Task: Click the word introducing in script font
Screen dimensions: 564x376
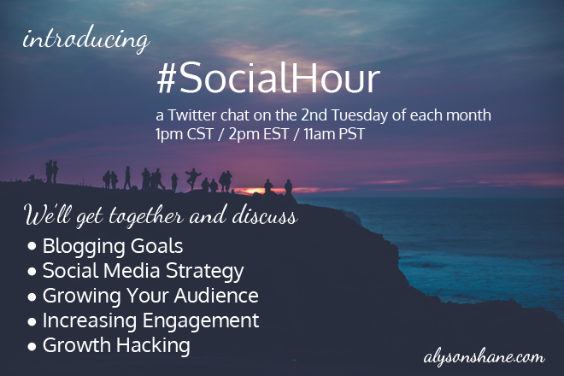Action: (x=86, y=38)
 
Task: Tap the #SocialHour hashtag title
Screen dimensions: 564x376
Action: (x=268, y=78)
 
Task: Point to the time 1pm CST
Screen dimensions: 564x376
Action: (x=185, y=134)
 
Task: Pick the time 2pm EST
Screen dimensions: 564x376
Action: (x=259, y=134)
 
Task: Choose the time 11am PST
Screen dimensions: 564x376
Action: (x=334, y=134)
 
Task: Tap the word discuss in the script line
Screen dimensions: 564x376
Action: (x=265, y=216)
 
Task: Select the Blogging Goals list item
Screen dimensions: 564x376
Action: (x=113, y=246)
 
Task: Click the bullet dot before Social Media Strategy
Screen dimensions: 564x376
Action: (x=32, y=271)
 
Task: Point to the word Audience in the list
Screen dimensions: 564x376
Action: (x=216, y=296)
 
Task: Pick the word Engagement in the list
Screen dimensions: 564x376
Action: (x=201, y=321)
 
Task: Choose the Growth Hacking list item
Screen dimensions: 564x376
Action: (x=116, y=345)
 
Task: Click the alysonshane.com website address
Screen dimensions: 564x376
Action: (x=484, y=358)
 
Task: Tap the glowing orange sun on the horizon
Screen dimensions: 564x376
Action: (x=252, y=191)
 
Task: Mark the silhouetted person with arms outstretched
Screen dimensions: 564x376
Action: (x=192, y=179)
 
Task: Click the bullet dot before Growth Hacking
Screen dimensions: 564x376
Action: (x=32, y=346)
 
